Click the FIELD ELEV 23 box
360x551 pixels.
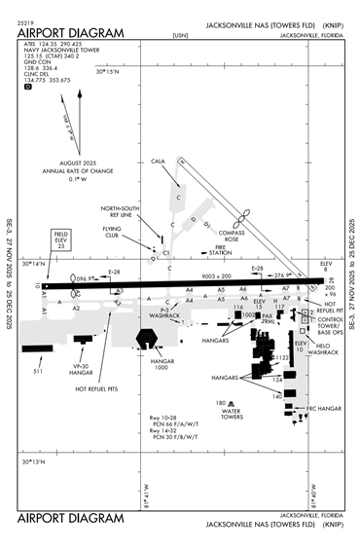pos(60,240)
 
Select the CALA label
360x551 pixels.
pos(160,161)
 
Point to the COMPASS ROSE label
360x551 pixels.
pos(237,235)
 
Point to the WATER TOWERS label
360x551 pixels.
pos(231,412)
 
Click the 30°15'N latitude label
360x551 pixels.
pos(106,70)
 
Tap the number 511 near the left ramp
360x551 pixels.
pos(38,371)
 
